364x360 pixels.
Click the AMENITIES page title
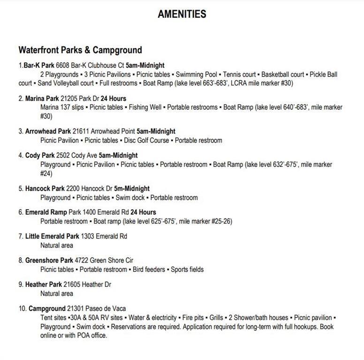tap(182, 14)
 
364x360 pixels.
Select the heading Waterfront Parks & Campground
tap(80, 50)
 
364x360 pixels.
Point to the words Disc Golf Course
tap(146, 140)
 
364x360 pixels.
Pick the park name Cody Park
tap(40, 155)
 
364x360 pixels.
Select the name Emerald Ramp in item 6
tap(45, 212)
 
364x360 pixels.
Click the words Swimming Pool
tap(196, 75)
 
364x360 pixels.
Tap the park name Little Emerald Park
tap(52, 236)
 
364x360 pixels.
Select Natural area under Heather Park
tap(56, 293)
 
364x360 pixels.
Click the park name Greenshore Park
tap(49, 260)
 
